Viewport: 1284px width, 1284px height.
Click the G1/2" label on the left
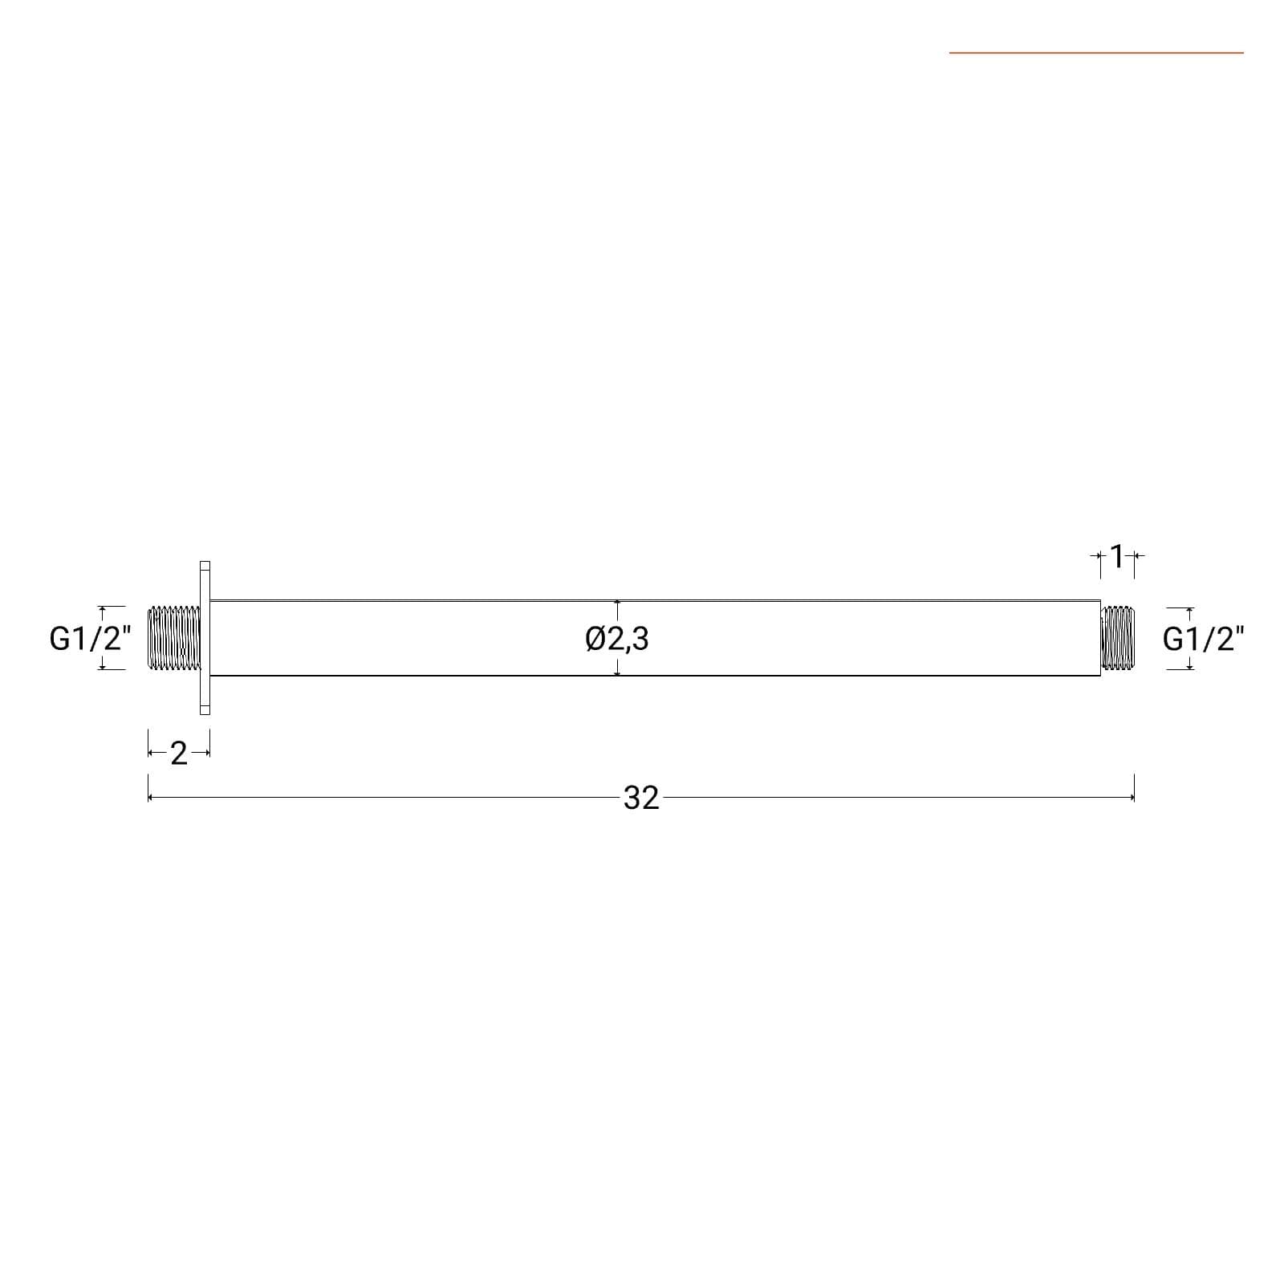pos(90,639)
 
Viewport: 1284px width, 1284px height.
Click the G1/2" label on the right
pos(1204,639)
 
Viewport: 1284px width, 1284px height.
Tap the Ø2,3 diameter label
pos(617,639)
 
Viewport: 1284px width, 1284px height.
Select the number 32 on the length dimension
pos(641,798)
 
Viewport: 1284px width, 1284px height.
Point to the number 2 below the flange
pos(178,754)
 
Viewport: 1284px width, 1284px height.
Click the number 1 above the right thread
pos(1116,555)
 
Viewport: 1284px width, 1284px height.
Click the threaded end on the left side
pos(173,638)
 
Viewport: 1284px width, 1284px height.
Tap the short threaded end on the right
pos(1116,638)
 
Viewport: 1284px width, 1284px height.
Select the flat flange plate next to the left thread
pos(205,638)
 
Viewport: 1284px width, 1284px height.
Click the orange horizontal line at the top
pos(1096,53)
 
